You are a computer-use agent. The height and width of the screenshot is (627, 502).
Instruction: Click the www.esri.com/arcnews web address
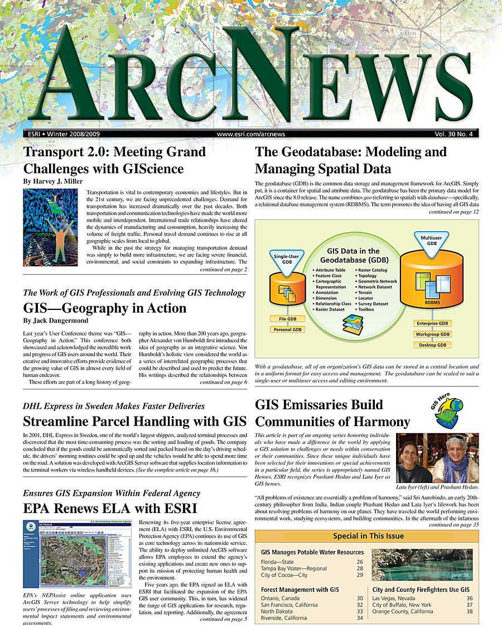click(251, 134)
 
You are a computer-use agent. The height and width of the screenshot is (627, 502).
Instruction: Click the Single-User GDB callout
click(287, 259)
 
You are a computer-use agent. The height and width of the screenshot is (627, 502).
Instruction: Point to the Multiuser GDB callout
click(432, 241)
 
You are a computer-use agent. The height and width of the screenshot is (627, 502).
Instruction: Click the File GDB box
click(288, 319)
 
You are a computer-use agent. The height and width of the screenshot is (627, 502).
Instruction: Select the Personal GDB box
click(288, 329)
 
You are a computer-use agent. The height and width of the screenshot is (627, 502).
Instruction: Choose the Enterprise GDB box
click(432, 323)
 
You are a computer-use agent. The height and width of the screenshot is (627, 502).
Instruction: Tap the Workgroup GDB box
click(432, 334)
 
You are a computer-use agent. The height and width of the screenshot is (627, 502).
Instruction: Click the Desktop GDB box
click(432, 345)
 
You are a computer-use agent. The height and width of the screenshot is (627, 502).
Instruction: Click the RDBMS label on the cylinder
click(432, 303)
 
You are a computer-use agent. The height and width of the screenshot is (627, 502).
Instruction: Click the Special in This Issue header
click(368, 536)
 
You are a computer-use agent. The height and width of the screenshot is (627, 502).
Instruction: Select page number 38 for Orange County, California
click(469, 611)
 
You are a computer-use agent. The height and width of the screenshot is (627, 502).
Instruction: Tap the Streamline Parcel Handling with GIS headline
click(133, 421)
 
